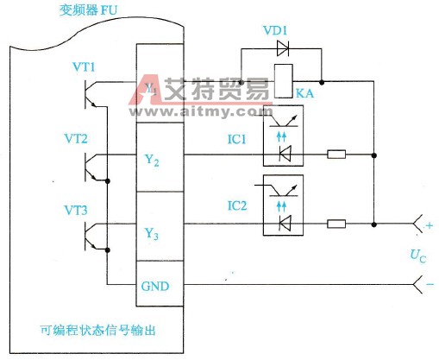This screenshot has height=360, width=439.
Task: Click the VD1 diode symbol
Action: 280,49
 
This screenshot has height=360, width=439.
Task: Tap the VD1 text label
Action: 276,30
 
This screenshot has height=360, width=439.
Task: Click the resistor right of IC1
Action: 337,156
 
